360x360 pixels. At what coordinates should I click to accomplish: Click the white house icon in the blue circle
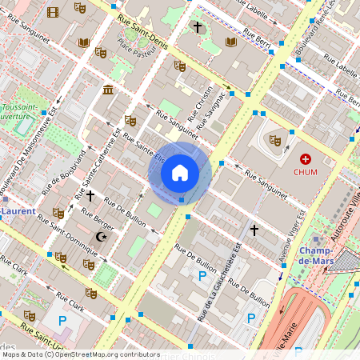[x=180, y=173]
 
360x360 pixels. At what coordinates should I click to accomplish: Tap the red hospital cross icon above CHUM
[x=306, y=159]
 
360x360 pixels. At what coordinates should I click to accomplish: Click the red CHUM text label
[x=306, y=172]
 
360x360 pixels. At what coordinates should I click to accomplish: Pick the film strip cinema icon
[x=53, y=11]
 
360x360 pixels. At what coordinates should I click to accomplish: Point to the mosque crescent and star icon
[x=101, y=237]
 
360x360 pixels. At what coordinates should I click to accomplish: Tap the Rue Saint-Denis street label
[x=142, y=30]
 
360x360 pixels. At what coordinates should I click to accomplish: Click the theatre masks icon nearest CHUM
[x=276, y=140]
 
